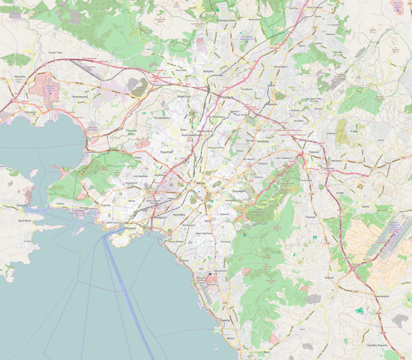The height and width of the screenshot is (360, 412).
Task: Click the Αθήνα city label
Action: coord(200,182)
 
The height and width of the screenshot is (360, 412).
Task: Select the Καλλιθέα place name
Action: coord(179,215)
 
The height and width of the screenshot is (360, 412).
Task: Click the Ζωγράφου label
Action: coord(239,191)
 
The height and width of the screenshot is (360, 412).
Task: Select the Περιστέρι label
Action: coord(166,152)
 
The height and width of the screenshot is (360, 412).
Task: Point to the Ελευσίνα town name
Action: coord(31,112)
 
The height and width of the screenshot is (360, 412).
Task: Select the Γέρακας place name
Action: coord(313,152)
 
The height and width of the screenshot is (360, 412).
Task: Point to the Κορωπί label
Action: coord(329,278)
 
